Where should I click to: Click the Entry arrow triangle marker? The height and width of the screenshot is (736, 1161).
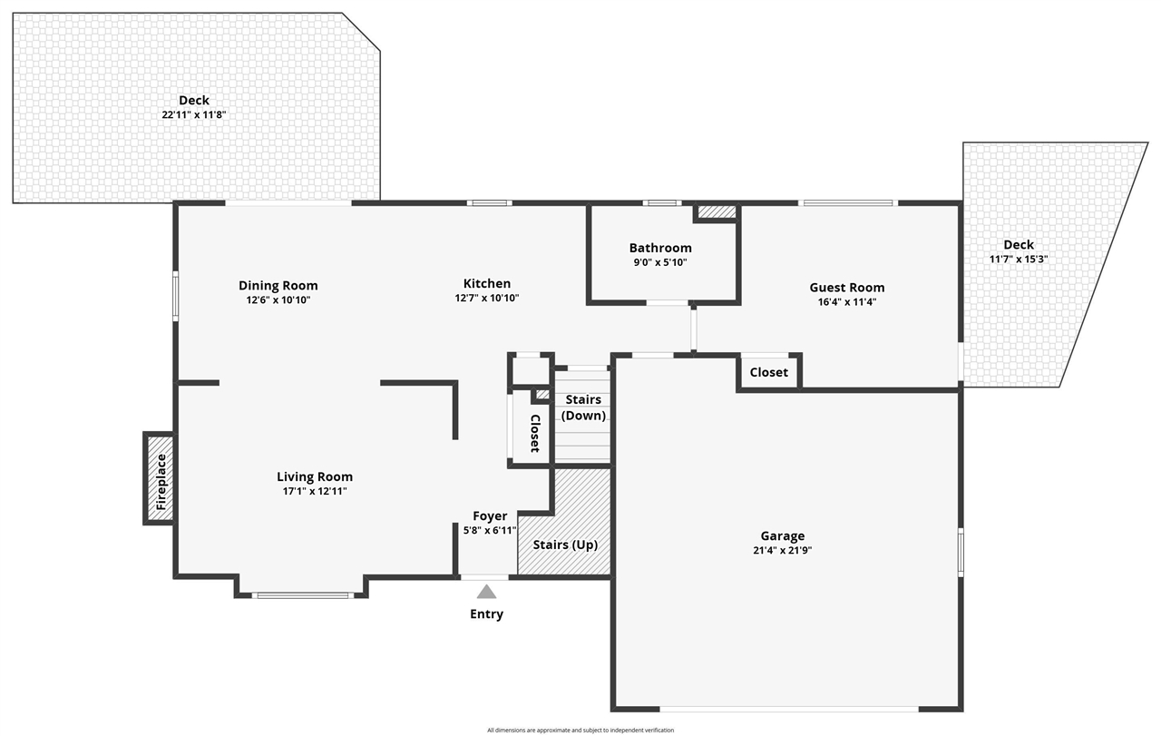487,592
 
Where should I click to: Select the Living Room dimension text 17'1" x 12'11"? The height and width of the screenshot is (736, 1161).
314,491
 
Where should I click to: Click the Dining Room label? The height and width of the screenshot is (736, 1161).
278,285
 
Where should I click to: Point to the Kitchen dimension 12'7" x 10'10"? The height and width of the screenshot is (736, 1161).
486,298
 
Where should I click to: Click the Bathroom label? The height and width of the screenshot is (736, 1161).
660,248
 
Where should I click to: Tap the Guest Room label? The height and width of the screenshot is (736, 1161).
846,288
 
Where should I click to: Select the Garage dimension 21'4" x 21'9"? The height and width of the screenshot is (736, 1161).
782,550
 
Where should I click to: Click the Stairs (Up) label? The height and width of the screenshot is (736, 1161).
564,545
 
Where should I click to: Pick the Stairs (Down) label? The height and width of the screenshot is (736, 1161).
583,407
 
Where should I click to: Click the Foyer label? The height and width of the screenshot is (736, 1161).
490,516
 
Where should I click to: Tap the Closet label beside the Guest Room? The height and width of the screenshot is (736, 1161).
768,372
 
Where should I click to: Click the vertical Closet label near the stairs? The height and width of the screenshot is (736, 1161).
535,433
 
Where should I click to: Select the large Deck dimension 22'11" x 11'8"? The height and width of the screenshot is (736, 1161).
193,114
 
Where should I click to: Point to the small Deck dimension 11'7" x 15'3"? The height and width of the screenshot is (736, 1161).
1018,259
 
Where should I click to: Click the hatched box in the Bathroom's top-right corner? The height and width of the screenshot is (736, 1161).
717,211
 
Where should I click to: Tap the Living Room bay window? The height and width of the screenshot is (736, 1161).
301,595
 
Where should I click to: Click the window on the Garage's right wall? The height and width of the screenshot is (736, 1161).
961,551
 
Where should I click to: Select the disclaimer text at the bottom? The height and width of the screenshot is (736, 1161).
580,730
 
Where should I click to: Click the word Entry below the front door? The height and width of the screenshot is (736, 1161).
486,614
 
